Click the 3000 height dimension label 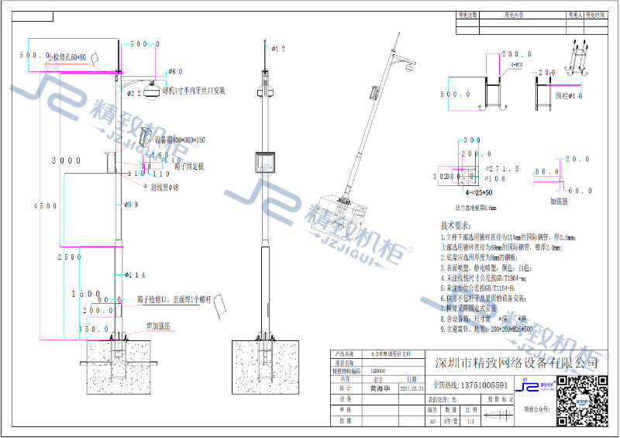(66, 160)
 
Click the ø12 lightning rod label (278, 49)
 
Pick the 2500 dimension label (69, 256)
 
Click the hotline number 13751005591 (470, 385)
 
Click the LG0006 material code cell (379, 371)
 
